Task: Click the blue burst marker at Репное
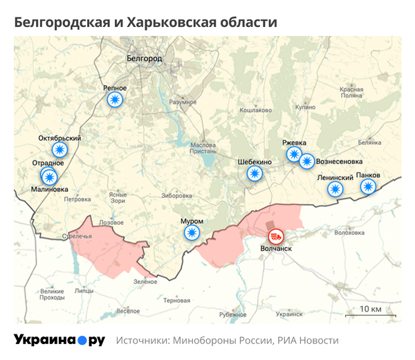(x=116, y=100)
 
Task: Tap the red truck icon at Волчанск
(x=275, y=236)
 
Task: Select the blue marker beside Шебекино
(x=255, y=174)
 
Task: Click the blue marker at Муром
(x=192, y=233)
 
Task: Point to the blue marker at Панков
(x=369, y=187)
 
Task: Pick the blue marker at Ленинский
(x=335, y=189)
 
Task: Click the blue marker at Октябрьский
(x=60, y=150)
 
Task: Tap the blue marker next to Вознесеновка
(x=306, y=161)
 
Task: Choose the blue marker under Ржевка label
(x=294, y=154)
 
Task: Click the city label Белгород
(x=145, y=60)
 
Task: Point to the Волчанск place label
(x=277, y=248)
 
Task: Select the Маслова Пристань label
(x=203, y=149)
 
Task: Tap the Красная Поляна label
(x=351, y=93)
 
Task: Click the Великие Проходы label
(x=52, y=294)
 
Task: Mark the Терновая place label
(x=177, y=300)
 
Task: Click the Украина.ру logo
(x=59, y=341)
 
